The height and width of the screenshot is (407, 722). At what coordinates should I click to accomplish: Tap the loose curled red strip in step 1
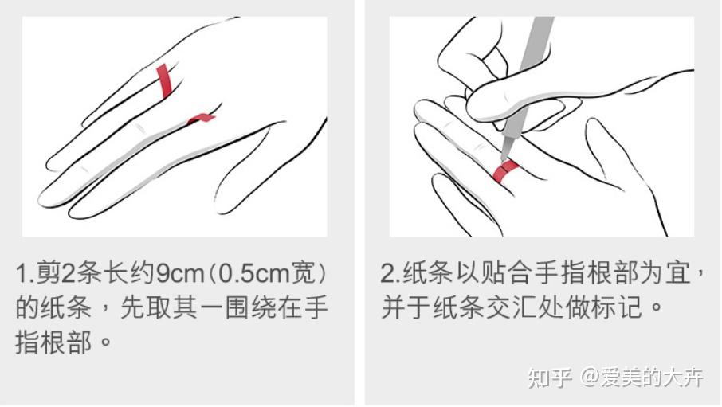[201, 119]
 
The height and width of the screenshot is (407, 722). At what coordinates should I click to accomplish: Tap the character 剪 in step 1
[49, 274]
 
